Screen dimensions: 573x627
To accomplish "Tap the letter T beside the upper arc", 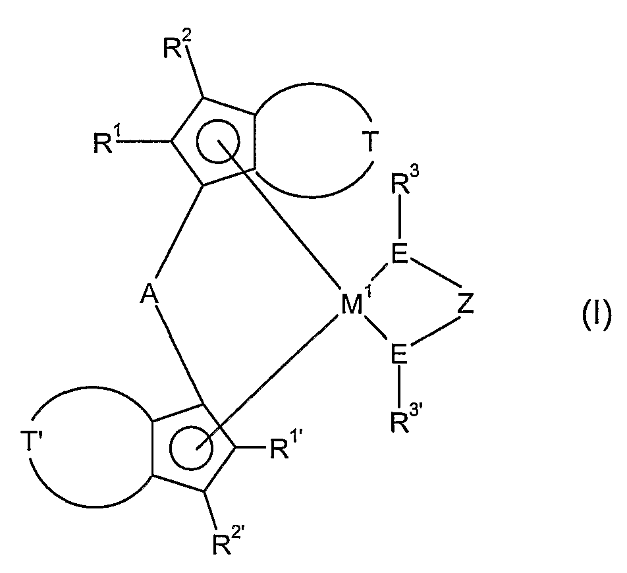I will click(x=371, y=142).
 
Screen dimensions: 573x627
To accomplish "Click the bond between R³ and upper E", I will click(x=397, y=224).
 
